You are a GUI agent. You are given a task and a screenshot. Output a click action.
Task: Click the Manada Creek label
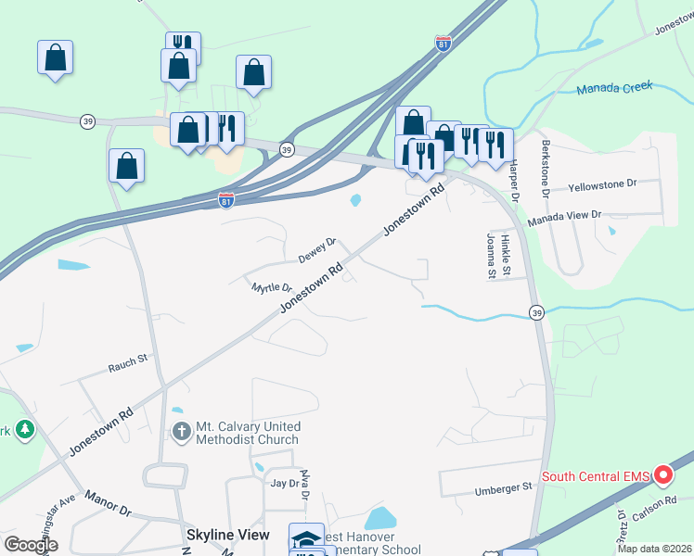click(x=614, y=88)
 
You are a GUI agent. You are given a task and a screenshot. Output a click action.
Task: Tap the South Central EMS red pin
click(x=663, y=475)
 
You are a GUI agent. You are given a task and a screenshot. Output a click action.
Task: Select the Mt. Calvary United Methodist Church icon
click(x=182, y=431)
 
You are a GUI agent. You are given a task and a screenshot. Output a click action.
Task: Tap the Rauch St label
click(x=128, y=358)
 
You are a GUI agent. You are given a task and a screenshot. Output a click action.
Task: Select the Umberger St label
click(x=503, y=486)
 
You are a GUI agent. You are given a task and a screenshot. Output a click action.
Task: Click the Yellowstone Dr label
click(x=602, y=185)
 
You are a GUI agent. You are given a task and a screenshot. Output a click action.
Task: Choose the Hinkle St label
click(x=506, y=255)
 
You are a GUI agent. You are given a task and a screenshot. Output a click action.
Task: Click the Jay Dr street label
click(x=283, y=483)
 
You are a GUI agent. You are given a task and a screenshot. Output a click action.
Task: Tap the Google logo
click(x=31, y=544)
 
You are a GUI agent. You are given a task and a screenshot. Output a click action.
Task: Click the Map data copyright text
click(x=654, y=549)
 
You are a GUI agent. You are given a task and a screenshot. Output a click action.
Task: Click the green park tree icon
click(x=23, y=430)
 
